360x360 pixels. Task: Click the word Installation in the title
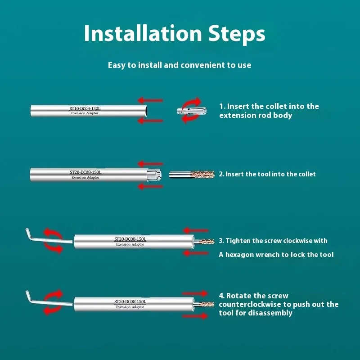click(x=143, y=33)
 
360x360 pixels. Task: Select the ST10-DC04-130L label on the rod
click(x=85, y=108)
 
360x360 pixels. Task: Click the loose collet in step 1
click(x=192, y=111)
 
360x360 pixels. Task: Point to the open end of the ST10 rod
click(x=145, y=111)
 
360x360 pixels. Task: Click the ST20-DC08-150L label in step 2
click(x=85, y=172)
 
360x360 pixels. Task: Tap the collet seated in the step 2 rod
click(x=154, y=175)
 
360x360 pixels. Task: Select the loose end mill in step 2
click(x=192, y=175)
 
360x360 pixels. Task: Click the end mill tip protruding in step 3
click(x=204, y=242)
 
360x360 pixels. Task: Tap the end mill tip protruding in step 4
click(x=204, y=305)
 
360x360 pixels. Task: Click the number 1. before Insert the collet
click(x=222, y=106)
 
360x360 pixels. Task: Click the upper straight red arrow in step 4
click(x=195, y=293)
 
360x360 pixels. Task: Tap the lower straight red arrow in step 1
click(x=150, y=121)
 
